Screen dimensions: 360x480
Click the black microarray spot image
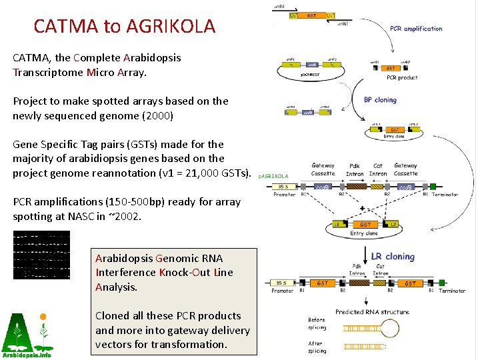click(x=41, y=255)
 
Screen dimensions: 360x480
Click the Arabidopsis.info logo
click(x=27, y=335)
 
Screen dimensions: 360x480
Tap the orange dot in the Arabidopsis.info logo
click(x=43, y=317)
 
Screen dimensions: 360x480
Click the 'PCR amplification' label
click(x=416, y=29)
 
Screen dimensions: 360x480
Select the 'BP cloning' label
click(x=380, y=100)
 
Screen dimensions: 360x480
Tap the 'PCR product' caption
click(x=401, y=78)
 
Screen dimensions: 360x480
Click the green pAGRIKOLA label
click(x=273, y=177)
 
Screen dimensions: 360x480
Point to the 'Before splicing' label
click(x=317, y=324)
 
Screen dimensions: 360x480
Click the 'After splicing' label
click(x=317, y=347)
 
